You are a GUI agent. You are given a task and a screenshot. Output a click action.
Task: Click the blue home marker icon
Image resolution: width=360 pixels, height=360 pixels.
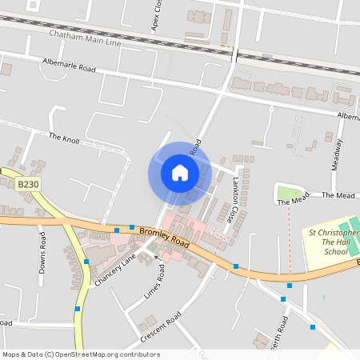pyautogui.click(x=180, y=173)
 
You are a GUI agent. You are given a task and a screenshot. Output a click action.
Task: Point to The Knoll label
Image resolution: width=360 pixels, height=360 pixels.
pyautogui.click(x=65, y=137)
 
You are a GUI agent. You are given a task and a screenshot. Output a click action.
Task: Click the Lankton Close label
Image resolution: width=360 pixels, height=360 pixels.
pyautogui.click(x=229, y=199)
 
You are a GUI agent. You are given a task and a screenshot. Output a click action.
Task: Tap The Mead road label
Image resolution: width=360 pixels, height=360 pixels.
pyautogui.click(x=338, y=195)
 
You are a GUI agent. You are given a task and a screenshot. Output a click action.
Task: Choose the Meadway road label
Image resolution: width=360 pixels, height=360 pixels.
pyautogui.click(x=338, y=154)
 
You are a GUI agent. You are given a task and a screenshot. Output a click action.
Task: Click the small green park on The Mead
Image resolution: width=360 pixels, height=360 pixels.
pyautogui.click(x=287, y=192)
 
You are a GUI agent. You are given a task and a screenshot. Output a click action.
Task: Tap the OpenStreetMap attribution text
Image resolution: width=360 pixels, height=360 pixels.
pyautogui.click(x=81, y=354)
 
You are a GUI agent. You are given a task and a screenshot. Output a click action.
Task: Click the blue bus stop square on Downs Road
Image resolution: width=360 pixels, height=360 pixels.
pyautogui.click(x=78, y=308)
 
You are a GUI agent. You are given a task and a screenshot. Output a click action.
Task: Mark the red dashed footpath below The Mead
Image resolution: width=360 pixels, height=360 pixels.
pyautogui.click(x=289, y=240)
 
